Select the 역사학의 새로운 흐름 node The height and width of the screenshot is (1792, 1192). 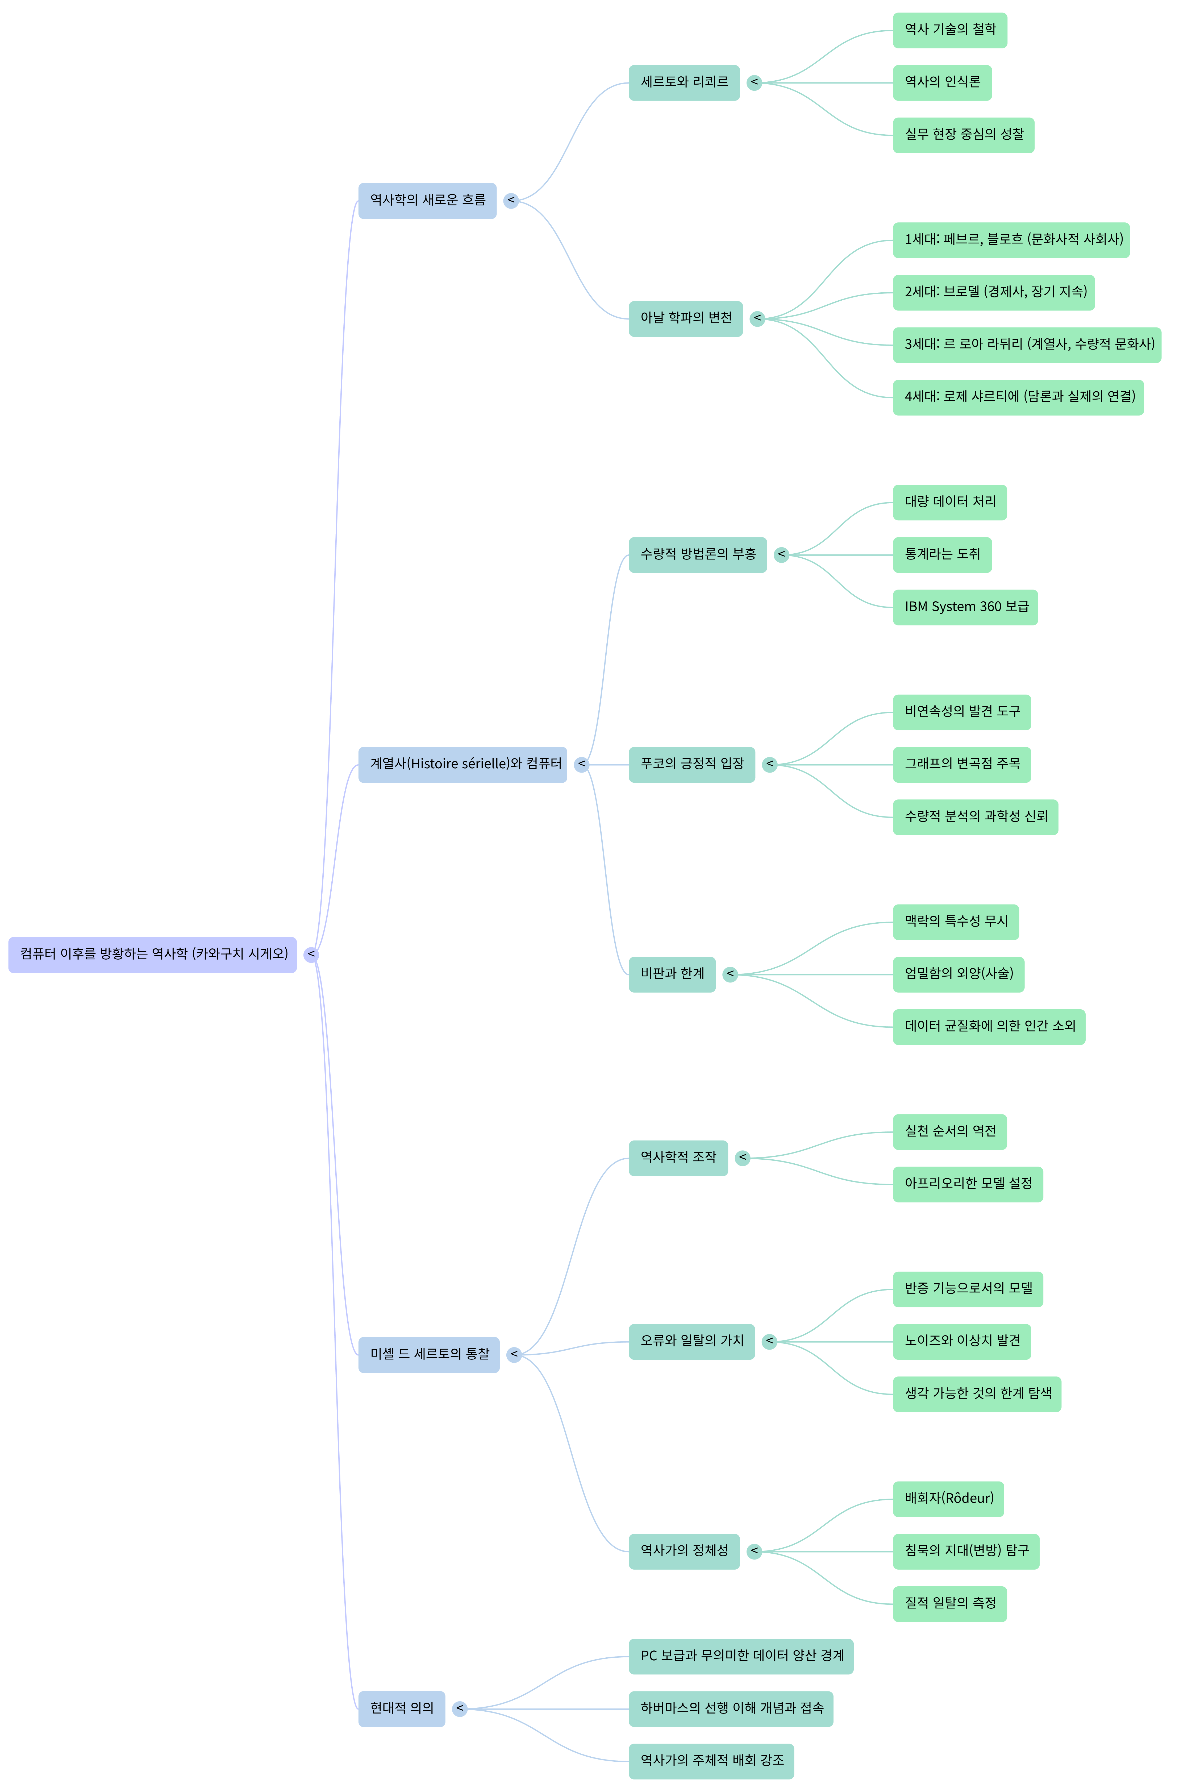(x=427, y=201)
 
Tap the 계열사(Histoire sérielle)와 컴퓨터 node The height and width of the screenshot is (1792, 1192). (x=462, y=764)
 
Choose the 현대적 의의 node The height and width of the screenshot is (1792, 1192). (x=401, y=1708)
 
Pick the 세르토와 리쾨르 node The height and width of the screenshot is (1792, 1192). (x=683, y=82)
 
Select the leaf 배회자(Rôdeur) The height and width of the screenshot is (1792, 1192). (x=948, y=1499)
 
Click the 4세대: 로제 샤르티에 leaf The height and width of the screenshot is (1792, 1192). (x=1018, y=397)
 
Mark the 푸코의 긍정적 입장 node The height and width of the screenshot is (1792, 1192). (x=691, y=764)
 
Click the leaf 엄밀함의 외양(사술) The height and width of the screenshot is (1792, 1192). (x=958, y=974)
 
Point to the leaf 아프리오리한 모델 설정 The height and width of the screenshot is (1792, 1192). (x=968, y=1184)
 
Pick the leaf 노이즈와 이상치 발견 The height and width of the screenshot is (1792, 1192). (x=962, y=1341)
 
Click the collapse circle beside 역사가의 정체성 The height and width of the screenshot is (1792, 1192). (x=754, y=1551)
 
